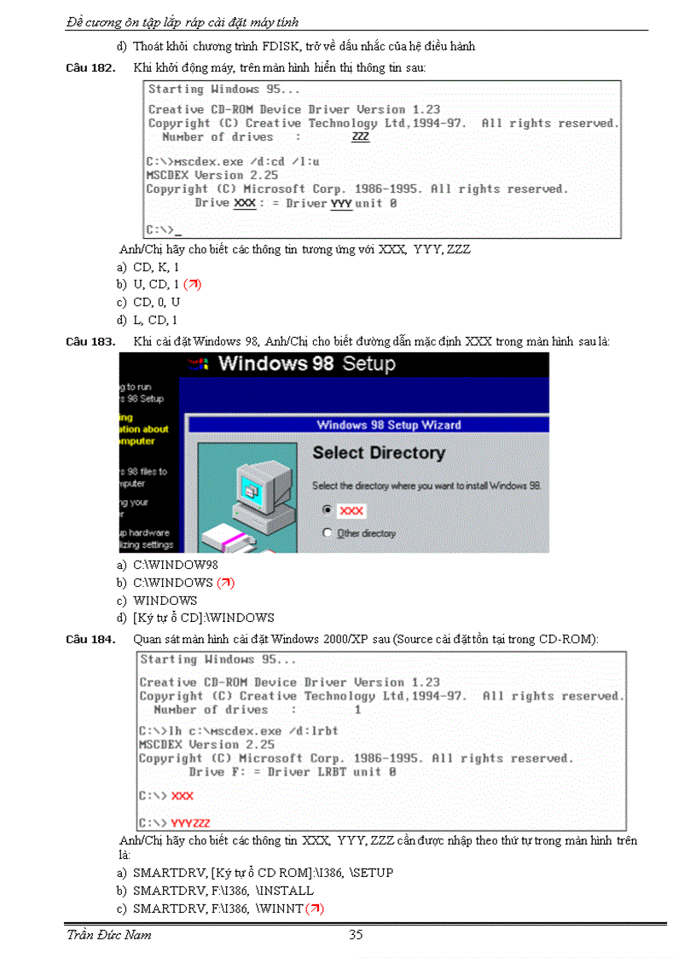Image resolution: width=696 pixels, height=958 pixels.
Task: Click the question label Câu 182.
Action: tap(90, 67)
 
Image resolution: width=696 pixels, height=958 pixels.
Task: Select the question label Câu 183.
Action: tap(90, 341)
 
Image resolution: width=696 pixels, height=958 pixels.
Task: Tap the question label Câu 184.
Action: tap(90, 640)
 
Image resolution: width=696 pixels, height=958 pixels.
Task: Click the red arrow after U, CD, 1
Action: tap(192, 284)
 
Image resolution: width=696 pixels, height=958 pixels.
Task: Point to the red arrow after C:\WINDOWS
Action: tap(225, 583)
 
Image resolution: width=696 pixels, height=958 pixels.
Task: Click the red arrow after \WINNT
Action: tap(315, 909)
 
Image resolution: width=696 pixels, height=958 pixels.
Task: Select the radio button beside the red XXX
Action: tap(328, 509)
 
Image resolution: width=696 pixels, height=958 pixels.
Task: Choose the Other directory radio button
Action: tap(328, 533)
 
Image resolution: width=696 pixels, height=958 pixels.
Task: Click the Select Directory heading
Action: tap(379, 453)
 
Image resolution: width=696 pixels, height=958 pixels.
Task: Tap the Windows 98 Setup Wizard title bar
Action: tap(368, 425)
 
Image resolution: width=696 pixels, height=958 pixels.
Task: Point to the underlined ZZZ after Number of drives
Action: tap(361, 136)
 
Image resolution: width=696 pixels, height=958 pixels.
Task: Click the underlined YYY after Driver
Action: tap(341, 203)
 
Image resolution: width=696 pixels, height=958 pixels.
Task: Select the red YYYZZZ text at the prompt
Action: tap(191, 823)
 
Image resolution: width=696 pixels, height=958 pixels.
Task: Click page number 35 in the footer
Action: tap(356, 934)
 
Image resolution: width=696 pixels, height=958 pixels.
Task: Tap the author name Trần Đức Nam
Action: tap(109, 935)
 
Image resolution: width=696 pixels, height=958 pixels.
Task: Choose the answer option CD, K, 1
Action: tap(156, 267)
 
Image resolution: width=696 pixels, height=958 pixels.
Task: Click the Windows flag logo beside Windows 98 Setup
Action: tap(199, 364)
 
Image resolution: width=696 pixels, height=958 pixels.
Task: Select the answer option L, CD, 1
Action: tap(155, 320)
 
